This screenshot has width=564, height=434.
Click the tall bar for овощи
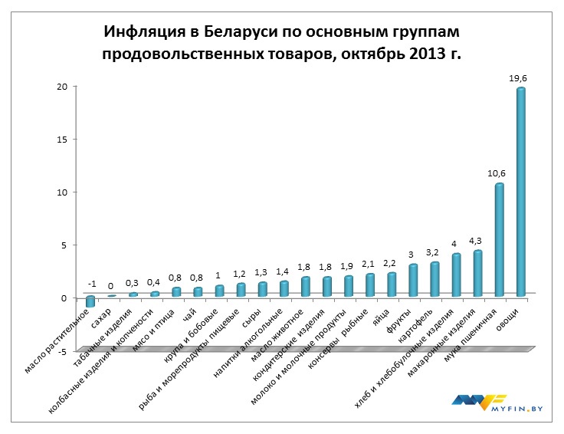[521, 192]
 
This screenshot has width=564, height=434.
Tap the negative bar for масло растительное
[90, 301]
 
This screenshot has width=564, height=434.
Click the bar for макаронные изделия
[478, 273]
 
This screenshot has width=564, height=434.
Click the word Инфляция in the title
[144, 34]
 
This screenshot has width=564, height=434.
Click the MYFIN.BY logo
[490, 403]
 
